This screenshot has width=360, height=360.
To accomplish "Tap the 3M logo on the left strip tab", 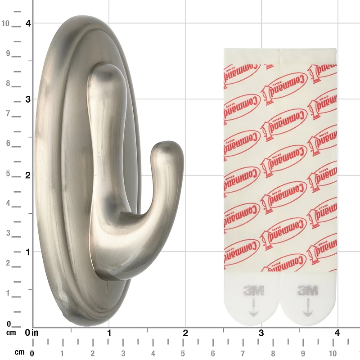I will point(253,290).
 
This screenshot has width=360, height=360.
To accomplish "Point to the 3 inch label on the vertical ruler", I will point(28,99).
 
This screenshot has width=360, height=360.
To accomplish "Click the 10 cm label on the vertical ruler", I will point(5,23).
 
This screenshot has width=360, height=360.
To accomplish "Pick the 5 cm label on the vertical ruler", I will point(8,174).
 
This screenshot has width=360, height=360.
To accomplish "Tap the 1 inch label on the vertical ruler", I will point(28,252).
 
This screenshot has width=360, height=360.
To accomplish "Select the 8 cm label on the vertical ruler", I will point(8,83).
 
